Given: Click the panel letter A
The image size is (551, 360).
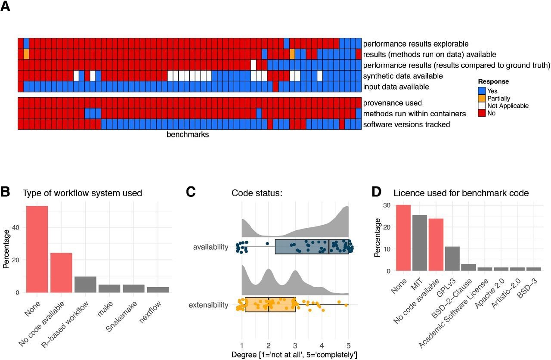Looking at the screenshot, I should pos(6,7).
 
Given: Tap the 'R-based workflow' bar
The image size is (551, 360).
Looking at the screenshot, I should pos(85,284).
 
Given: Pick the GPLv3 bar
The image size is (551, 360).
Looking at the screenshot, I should pos(452,258).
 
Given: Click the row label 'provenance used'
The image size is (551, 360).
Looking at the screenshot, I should pos(392,103).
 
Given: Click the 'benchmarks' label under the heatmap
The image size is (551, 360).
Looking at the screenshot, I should pos(188,134).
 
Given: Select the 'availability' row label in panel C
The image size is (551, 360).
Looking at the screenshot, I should pos(211,247).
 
